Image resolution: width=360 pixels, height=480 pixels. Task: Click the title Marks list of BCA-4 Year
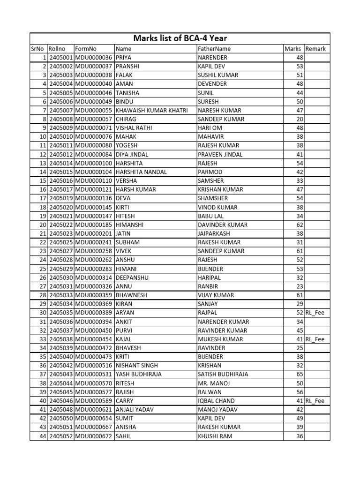pyautogui.click(x=180, y=38)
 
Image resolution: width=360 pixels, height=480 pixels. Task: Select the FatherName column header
pyautogui.click(x=214, y=49)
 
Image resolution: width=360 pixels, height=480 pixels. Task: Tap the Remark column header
pyautogui.click(x=315, y=49)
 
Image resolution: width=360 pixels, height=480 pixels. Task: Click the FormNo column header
pyautogui.click(x=86, y=49)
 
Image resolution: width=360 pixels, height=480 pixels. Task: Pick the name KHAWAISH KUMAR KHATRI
pyautogui.click(x=152, y=110)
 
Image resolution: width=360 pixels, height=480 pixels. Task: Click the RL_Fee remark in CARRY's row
pyautogui.click(x=315, y=401)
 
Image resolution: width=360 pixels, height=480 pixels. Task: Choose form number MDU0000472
pyautogui.click(x=93, y=348)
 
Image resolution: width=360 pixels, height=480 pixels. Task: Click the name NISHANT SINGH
pyautogui.click(x=137, y=366)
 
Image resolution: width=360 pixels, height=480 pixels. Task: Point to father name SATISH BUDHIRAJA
pyautogui.click(x=223, y=375)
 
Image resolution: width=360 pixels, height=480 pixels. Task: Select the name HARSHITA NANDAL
pyautogui.click(x=141, y=172)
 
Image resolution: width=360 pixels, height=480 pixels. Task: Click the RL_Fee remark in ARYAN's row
pyautogui.click(x=315, y=313)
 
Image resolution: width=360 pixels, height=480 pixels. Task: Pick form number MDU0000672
pyautogui.click(x=93, y=436)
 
